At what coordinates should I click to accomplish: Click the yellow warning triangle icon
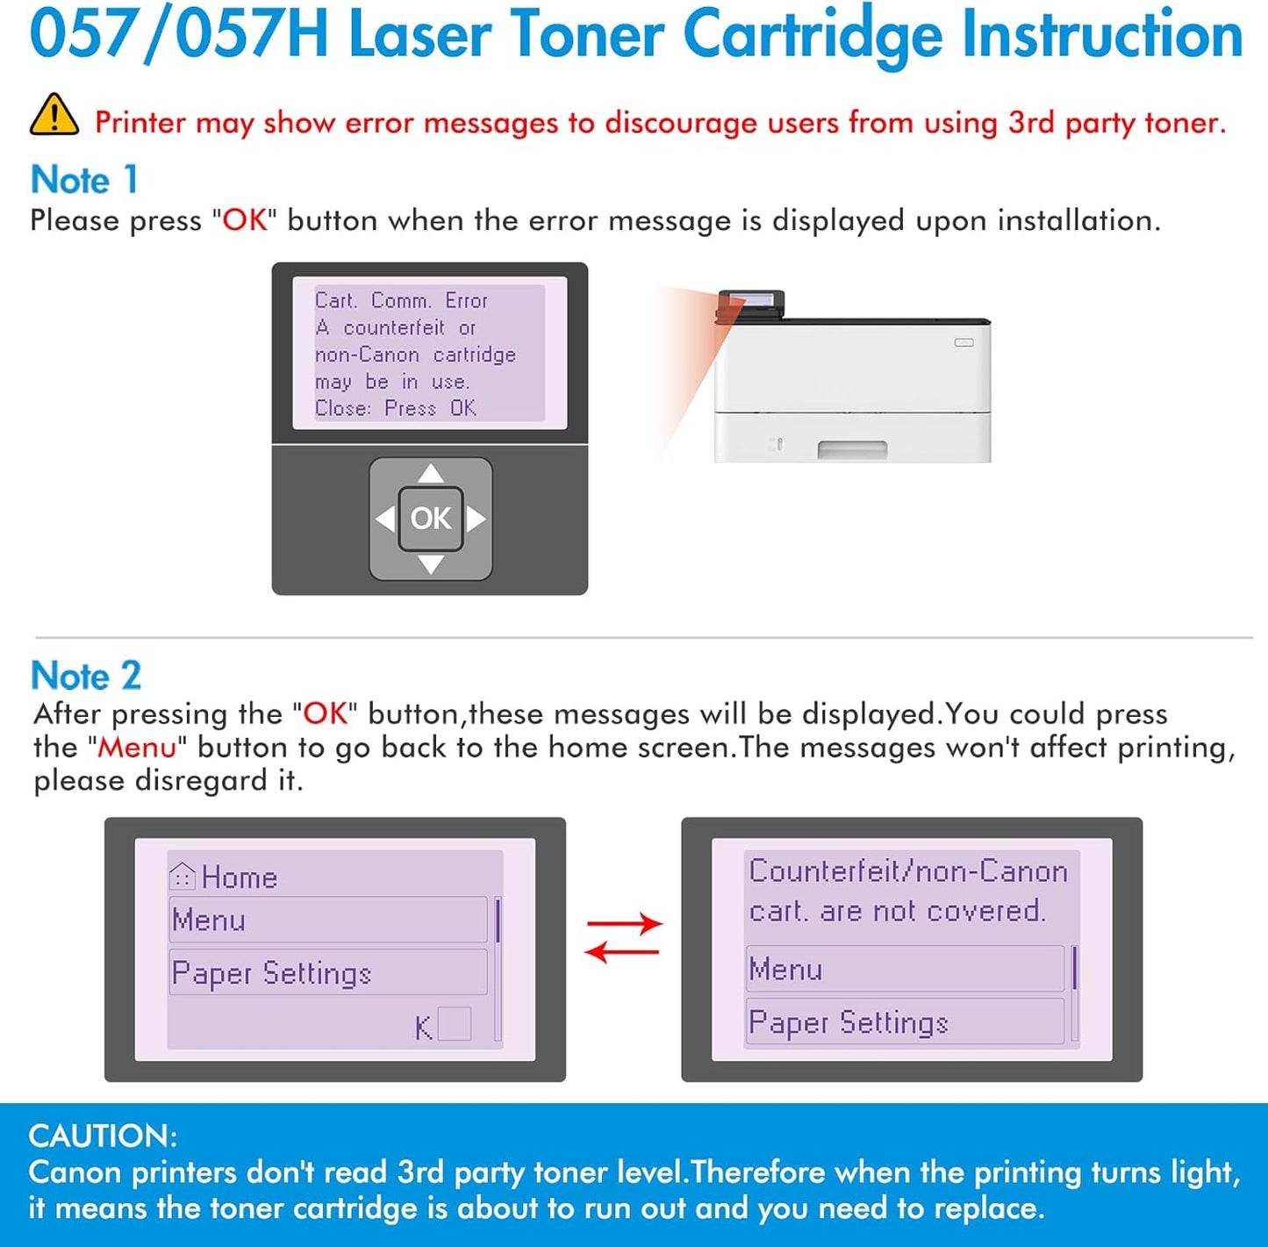tap(54, 116)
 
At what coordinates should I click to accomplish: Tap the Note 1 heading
tap(84, 180)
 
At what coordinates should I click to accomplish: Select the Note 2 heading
tap(86, 676)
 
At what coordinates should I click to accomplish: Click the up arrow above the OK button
tap(430, 475)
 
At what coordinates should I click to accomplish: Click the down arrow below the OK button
tap(430, 564)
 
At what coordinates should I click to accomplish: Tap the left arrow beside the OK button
tap(384, 519)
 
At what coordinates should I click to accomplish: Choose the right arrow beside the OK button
tap(476, 519)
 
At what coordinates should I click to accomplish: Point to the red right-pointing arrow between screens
tap(624, 923)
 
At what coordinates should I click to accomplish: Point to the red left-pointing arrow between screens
tap(622, 951)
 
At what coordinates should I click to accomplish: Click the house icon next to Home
tap(182, 876)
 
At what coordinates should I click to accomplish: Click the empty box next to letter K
tap(454, 1024)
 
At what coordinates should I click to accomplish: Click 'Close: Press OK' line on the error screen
tap(396, 408)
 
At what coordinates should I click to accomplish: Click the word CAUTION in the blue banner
tap(102, 1136)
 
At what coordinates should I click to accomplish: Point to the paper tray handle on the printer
tap(852, 450)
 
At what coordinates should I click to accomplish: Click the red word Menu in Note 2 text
tap(137, 748)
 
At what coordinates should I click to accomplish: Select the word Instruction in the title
tap(1102, 35)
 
